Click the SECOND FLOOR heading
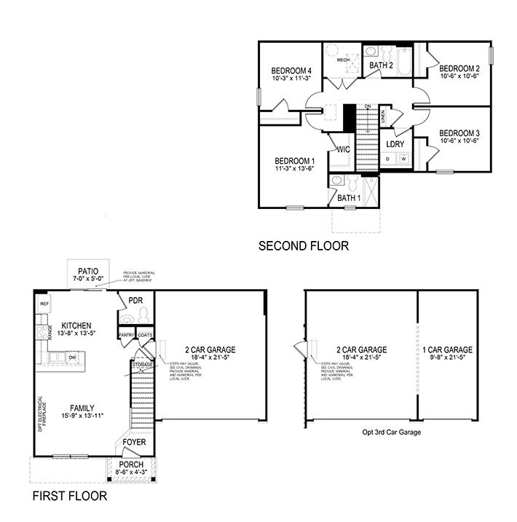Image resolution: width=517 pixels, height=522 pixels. [304, 246]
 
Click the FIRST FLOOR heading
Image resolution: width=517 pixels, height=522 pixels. [70, 497]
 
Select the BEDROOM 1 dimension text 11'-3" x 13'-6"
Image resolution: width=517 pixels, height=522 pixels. [294, 169]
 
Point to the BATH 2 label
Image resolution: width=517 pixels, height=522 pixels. [381, 66]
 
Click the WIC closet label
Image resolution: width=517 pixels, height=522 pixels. [343, 149]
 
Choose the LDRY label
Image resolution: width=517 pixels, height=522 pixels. [396, 144]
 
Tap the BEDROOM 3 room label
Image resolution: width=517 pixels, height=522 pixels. [459, 133]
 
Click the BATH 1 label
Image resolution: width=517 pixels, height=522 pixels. [349, 197]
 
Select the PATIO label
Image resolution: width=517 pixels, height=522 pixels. [87, 271]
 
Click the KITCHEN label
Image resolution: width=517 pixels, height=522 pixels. [76, 325]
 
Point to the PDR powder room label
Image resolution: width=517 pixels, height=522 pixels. [135, 301]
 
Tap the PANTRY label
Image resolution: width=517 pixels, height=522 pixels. [127, 335]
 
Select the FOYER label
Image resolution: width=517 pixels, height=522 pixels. [133, 440]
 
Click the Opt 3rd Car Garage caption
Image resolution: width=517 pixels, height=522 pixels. [392, 432]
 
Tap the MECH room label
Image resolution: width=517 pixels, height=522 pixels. [342, 60]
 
